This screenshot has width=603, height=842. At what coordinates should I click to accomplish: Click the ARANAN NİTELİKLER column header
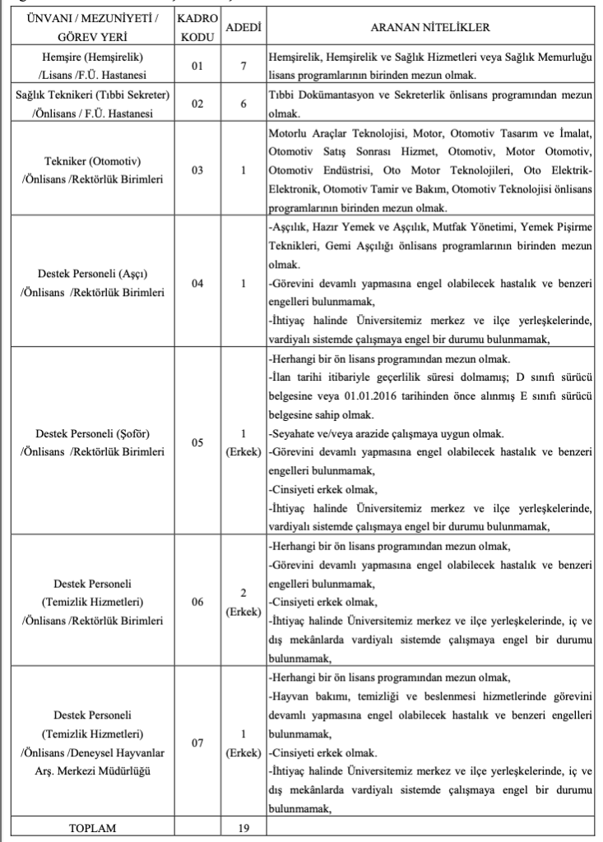(430, 27)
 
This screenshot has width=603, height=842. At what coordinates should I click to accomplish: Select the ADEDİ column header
(244, 27)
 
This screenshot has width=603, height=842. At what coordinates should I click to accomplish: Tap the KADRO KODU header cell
(197, 27)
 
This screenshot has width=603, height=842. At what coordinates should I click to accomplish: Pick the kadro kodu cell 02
(197, 104)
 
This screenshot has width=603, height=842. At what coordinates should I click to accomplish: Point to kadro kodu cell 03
(197, 169)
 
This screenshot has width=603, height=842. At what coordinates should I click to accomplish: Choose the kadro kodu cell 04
(197, 284)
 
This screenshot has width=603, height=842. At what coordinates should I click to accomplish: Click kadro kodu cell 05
(197, 442)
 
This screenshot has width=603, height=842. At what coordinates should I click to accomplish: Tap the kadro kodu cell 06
(197, 601)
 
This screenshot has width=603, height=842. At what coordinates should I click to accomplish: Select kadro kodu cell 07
(197, 743)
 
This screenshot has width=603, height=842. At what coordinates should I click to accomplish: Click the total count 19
(244, 828)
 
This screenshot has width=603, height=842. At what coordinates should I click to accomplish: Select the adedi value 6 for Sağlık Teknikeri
(244, 104)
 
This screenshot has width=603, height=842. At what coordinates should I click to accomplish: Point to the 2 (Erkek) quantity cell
(244, 601)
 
